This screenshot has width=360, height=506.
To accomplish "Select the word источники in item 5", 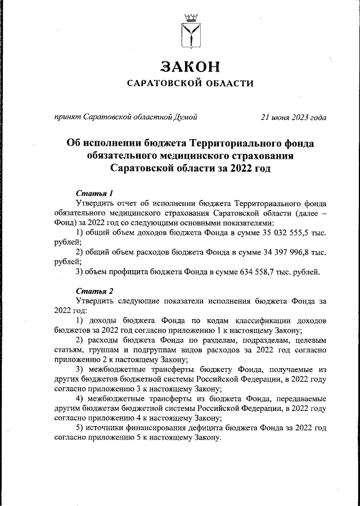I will (x=104, y=428).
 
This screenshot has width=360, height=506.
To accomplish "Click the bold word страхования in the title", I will (x=259, y=155).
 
